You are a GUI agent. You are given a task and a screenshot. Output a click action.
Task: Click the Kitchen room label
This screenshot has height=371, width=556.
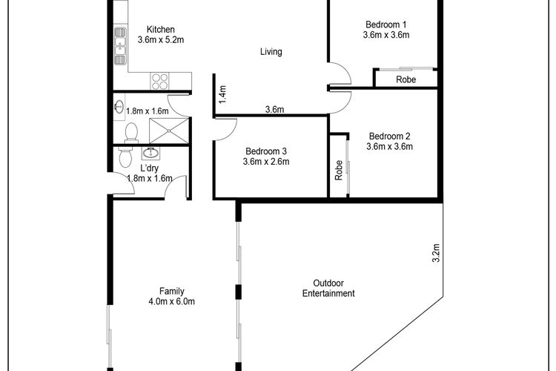[x=161, y=29]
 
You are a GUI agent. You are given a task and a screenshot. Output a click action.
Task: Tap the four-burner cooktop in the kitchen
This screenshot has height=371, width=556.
[x=159, y=81]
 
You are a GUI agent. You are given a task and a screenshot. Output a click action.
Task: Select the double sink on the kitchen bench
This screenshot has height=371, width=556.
[x=120, y=46]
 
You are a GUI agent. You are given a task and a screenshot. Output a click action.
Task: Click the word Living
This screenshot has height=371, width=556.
[x=271, y=52]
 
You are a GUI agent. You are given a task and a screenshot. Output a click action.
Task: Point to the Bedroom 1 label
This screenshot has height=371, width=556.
[x=385, y=24]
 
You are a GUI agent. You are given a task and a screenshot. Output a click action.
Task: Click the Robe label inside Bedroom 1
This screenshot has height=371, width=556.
[x=406, y=79]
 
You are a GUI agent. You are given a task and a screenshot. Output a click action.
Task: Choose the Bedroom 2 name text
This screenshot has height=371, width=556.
[x=389, y=136]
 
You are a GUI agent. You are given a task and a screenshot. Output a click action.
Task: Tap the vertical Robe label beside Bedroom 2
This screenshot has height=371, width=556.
[x=339, y=171]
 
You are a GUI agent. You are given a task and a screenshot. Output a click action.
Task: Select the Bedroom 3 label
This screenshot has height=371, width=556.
[x=266, y=151]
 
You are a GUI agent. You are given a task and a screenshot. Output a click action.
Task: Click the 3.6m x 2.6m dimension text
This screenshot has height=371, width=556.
[x=266, y=162]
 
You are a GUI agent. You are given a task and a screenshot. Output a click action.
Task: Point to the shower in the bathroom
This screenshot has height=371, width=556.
[x=169, y=131]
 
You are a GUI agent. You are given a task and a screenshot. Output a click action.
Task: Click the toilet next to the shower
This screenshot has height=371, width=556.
[x=131, y=132]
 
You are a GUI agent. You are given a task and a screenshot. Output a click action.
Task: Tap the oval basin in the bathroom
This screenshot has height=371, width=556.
[x=119, y=106]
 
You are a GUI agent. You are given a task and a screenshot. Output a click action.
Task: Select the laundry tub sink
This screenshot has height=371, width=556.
[x=151, y=153]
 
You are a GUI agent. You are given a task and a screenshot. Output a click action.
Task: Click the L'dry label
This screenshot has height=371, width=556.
[x=150, y=168]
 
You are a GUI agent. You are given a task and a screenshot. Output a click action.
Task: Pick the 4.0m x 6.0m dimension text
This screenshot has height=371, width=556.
[x=172, y=302]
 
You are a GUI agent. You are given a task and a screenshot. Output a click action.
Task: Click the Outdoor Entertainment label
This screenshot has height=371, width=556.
[x=328, y=289]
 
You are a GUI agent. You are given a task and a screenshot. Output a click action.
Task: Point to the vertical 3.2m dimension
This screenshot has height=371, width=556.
[x=436, y=253]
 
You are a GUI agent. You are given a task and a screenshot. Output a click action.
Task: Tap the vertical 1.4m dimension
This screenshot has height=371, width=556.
[x=222, y=95]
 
